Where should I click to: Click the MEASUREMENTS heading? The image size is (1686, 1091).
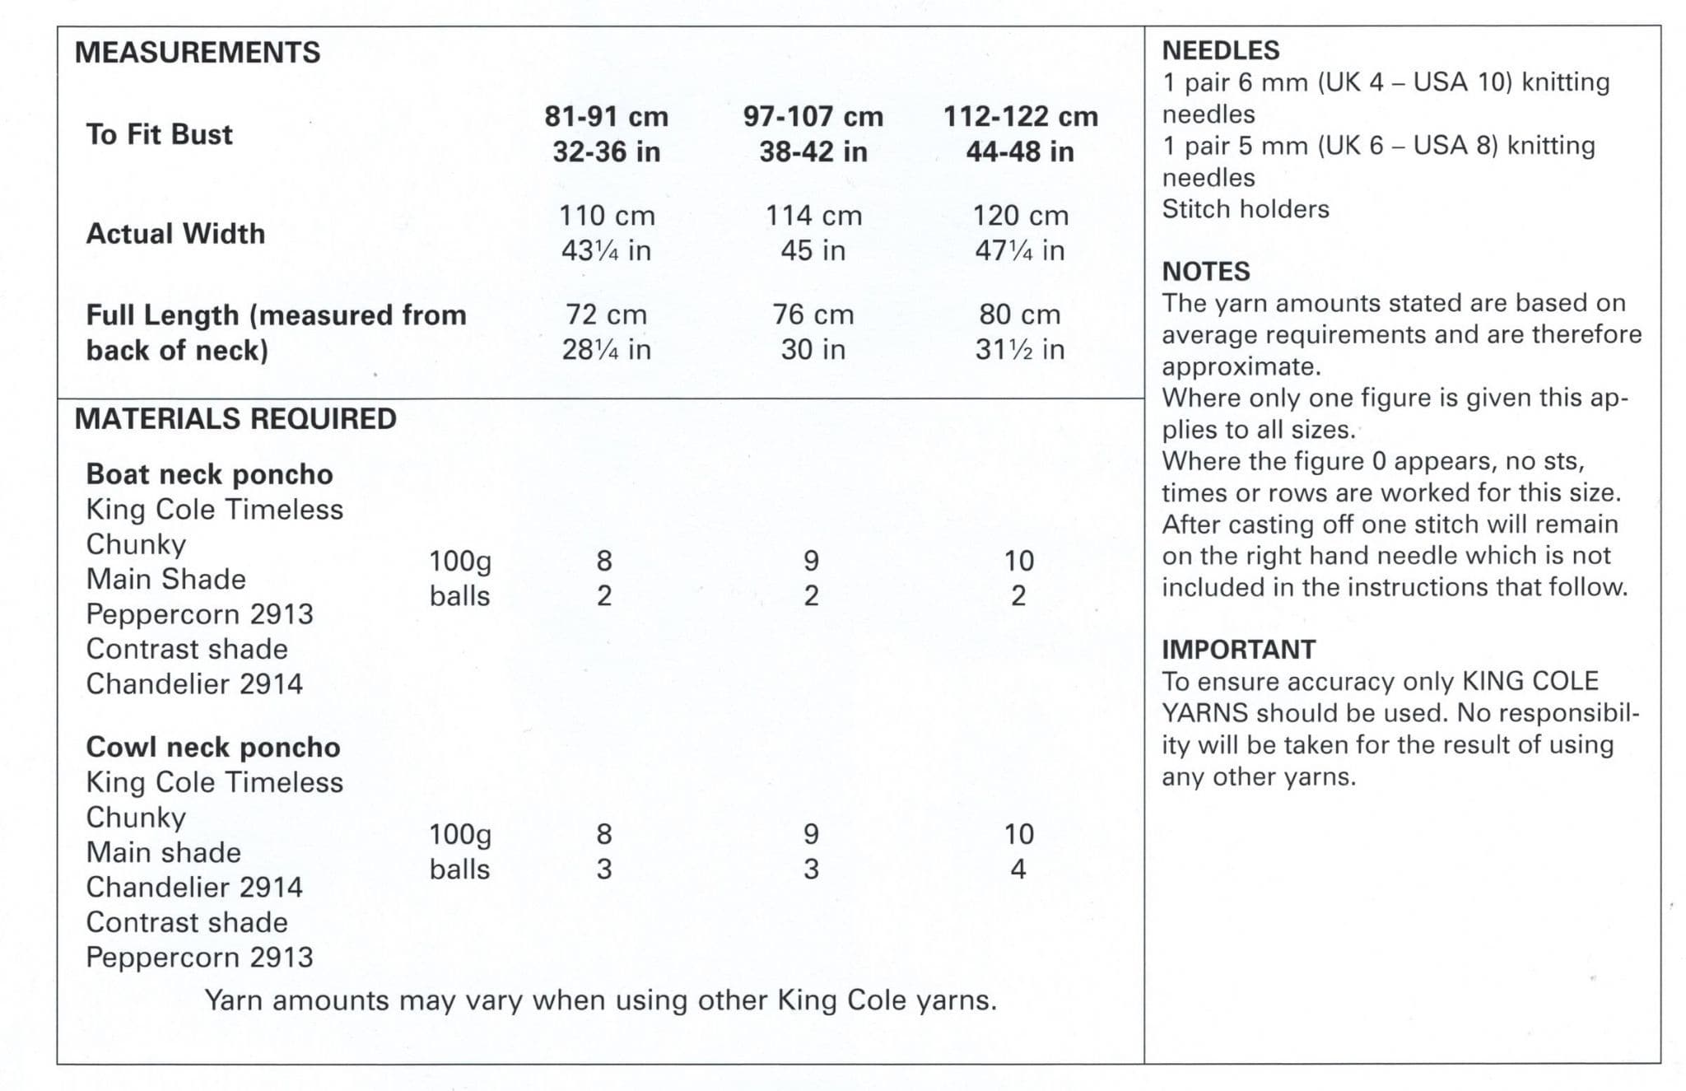198,53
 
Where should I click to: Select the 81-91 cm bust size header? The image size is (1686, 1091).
606,117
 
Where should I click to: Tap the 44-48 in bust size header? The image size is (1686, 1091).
1020,152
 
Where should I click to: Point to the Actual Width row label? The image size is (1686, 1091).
175,234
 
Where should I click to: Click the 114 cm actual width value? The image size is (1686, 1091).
813,216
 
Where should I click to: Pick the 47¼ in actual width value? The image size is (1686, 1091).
1020,250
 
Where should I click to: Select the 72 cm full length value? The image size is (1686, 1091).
606,315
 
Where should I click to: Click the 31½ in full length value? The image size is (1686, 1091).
1020,350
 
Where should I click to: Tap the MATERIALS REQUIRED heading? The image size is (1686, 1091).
235,419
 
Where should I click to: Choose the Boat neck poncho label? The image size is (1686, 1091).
209,474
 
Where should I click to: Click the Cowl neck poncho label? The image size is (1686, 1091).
212,747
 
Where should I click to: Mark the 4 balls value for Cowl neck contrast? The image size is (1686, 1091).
1018,870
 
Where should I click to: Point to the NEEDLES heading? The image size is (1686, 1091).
1220,50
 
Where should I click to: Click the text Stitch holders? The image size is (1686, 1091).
1245,209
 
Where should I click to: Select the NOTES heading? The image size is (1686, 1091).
1205,272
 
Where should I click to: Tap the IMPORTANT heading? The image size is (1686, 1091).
1238,650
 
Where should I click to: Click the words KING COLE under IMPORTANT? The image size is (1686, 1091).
1530,682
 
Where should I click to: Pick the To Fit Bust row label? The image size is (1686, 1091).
159,134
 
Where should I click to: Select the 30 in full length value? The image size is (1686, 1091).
813,350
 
